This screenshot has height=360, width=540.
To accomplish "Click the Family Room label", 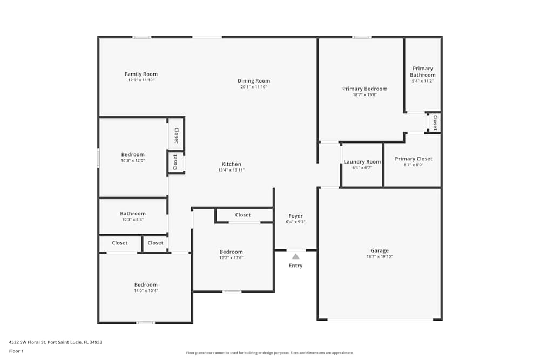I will click(141, 74).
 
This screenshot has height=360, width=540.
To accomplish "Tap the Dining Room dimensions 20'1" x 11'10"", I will click(254, 87).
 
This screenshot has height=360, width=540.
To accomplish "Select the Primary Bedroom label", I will click(364, 89).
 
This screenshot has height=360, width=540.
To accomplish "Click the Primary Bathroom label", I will click(423, 72).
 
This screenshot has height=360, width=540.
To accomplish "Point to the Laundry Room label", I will click(362, 162).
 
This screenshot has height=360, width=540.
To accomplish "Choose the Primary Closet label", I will click(413, 159).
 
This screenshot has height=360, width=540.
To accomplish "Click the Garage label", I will click(380, 250).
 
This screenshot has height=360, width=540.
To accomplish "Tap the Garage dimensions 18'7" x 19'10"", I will click(380, 257).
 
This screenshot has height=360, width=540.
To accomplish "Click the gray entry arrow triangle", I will click(295, 256).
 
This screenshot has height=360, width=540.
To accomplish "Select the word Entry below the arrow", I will click(295, 266).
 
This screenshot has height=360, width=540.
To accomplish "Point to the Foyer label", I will click(295, 216).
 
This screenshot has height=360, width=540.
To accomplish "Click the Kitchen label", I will click(231, 164).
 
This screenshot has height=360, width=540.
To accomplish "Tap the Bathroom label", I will click(133, 214).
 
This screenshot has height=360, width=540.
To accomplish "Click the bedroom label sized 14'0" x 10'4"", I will click(146, 284).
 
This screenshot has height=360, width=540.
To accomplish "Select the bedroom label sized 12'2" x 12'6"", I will click(231, 252).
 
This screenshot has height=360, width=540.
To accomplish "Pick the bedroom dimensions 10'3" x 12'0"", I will click(133, 161).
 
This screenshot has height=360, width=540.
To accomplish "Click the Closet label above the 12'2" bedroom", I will click(243, 215).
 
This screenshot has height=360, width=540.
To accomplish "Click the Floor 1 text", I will click(16, 351).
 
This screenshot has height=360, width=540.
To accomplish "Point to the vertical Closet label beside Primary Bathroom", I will click(435, 123).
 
